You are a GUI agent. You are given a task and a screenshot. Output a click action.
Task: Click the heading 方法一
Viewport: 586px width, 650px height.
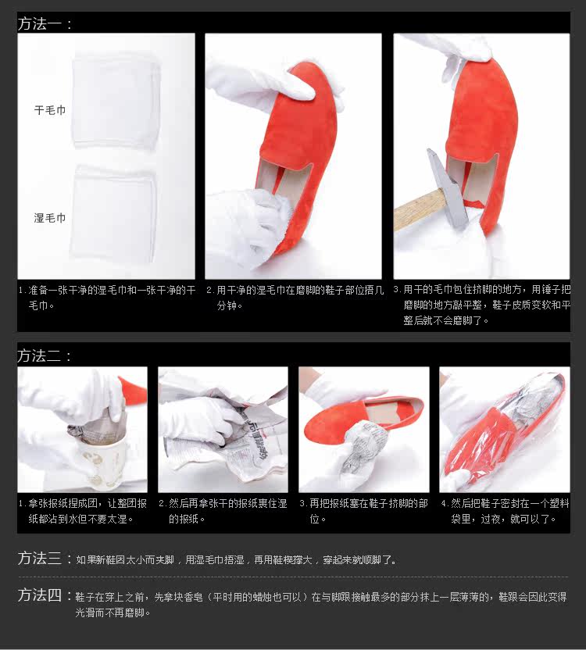[45, 23]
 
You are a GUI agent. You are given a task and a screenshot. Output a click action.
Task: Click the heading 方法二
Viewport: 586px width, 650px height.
[45, 355]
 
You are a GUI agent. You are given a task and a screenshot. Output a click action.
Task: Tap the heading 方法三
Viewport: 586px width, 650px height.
[45, 559]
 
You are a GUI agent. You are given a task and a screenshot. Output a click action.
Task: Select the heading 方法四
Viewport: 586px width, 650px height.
[45, 595]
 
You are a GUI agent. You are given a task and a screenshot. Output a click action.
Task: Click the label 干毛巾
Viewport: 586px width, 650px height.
[50, 110]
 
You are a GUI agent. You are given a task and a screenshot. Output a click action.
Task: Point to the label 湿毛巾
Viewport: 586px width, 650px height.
[50, 218]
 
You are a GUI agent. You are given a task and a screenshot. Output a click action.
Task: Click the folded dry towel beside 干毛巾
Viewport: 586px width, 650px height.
[116, 101]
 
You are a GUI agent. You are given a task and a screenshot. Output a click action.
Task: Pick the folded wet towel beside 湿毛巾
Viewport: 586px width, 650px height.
[113, 213]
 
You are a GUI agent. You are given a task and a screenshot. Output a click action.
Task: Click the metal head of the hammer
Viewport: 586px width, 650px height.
[447, 188]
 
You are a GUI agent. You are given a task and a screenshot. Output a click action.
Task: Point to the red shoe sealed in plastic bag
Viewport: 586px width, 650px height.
[504, 431]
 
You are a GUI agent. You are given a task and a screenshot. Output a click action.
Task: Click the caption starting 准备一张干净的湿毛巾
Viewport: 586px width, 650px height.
[107, 298]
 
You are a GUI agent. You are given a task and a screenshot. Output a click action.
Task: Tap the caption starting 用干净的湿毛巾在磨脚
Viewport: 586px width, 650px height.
[295, 298]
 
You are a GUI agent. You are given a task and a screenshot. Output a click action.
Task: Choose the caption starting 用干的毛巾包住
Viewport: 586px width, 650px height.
[482, 305]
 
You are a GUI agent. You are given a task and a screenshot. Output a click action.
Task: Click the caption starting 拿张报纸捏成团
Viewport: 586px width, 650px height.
[83, 511]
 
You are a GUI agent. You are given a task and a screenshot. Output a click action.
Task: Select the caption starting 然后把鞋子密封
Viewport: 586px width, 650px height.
[505, 511]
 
